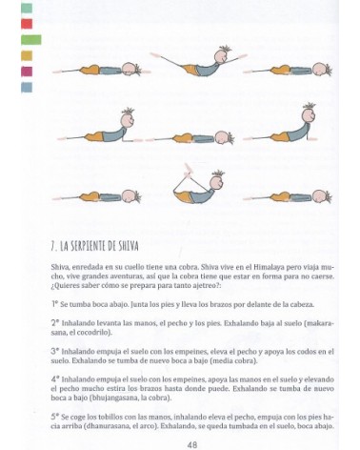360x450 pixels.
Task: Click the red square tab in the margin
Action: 26,22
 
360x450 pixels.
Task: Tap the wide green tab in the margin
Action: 30,39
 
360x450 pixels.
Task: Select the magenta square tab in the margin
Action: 26,71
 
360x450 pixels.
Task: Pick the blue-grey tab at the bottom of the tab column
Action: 26,87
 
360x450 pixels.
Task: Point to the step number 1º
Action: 56,302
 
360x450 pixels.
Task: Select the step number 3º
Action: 56,350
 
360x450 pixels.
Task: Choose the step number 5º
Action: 56,417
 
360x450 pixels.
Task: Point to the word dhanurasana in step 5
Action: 104,426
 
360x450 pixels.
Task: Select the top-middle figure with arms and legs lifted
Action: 195,64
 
